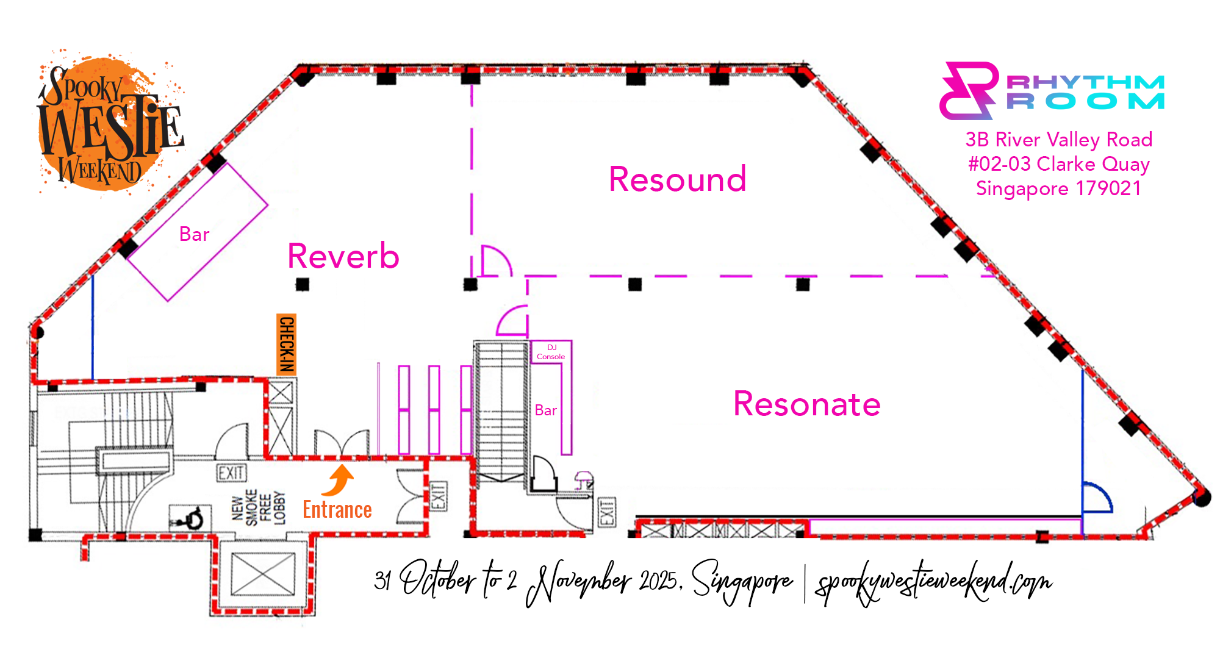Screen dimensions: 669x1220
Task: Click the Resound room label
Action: [x=677, y=179]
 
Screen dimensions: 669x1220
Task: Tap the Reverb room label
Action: [x=343, y=256]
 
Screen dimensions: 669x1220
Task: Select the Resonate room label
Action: [x=806, y=404]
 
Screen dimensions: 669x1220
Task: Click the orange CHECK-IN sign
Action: [x=286, y=343]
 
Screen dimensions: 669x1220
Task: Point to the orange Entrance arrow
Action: [x=339, y=480]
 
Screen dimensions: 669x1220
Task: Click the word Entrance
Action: [x=337, y=510]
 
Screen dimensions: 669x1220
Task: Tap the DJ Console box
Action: [x=551, y=352]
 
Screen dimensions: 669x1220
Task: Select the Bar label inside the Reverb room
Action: [x=194, y=234]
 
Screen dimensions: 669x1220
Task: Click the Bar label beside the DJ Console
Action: [x=545, y=410]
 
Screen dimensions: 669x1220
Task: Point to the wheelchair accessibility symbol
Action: [x=190, y=518]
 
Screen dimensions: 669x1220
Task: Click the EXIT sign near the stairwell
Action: [x=231, y=473]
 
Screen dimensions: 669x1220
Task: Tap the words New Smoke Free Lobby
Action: [x=259, y=507]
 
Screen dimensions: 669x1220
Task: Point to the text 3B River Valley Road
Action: [x=1058, y=140]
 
